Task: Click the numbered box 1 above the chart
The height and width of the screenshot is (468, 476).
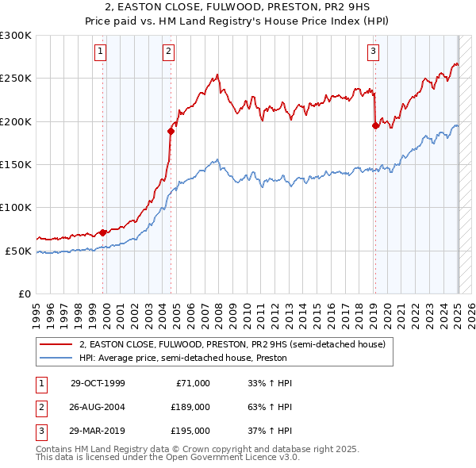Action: (x=102, y=53)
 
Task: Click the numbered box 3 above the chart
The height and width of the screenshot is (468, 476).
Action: (x=373, y=53)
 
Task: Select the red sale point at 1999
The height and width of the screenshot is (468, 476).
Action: (x=103, y=232)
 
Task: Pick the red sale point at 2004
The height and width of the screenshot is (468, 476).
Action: (x=171, y=132)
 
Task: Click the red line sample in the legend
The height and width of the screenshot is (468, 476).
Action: (x=56, y=344)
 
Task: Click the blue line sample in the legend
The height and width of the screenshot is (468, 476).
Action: (x=56, y=357)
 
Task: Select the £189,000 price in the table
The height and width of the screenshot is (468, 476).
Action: (x=190, y=407)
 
